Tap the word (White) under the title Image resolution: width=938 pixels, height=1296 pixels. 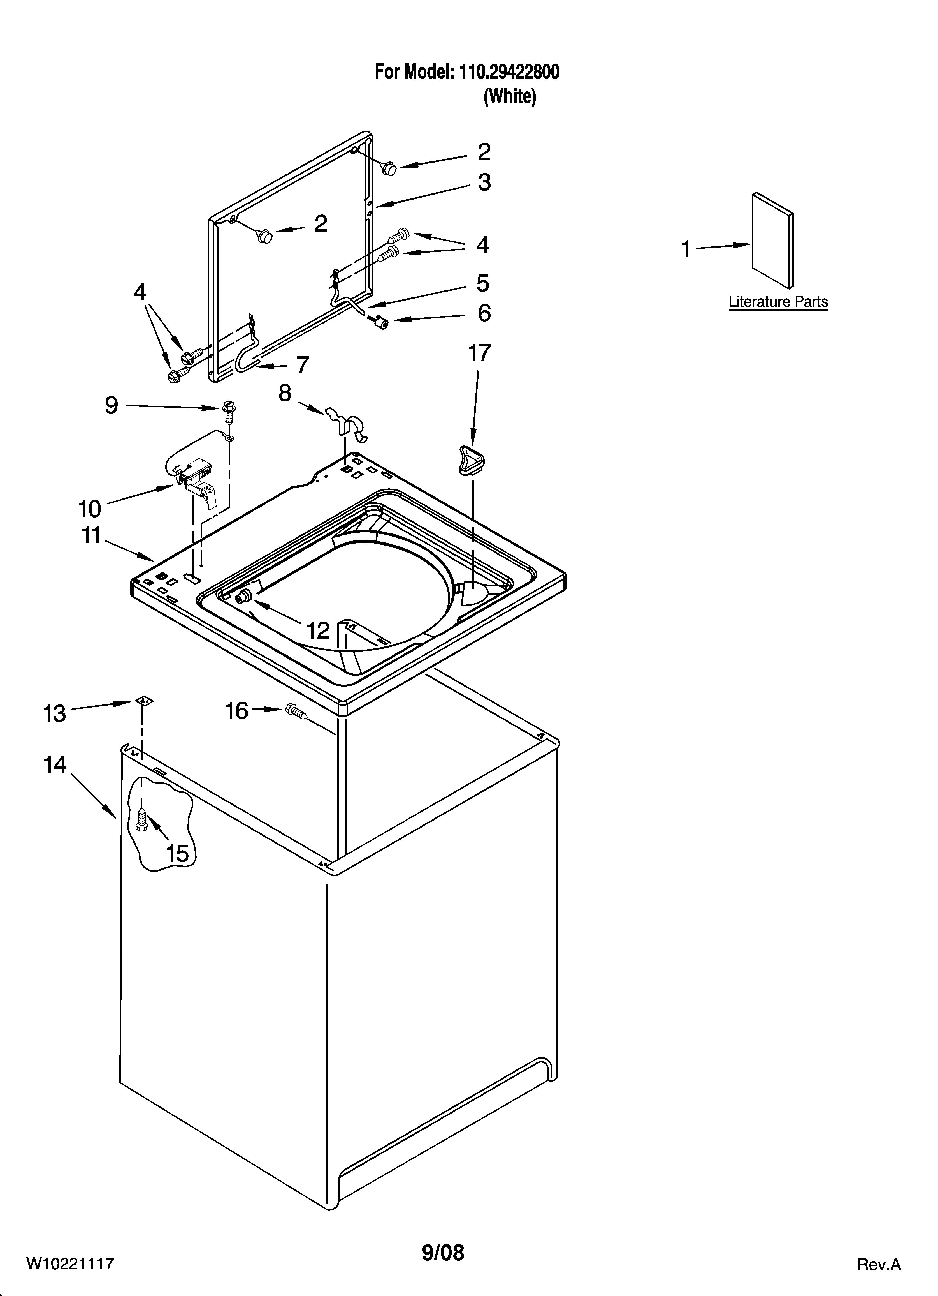pyautogui.click(x=510, y=96)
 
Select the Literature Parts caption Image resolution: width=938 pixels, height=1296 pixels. pyautogui.click(x=778, y=302)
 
